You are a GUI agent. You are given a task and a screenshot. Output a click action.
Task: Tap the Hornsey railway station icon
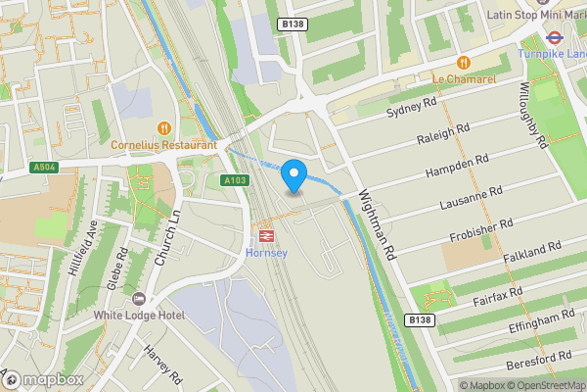tap(264, 235)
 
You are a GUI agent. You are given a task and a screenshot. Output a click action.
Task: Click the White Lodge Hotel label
tap(139, 315)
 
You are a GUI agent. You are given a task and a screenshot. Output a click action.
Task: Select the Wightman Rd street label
tap(376, 225)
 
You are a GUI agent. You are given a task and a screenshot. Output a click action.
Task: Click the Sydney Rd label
tap(409, 105)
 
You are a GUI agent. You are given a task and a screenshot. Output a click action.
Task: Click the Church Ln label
tap(169, 237)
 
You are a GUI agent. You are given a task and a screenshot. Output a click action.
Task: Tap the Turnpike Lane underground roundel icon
tap(553, 38)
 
